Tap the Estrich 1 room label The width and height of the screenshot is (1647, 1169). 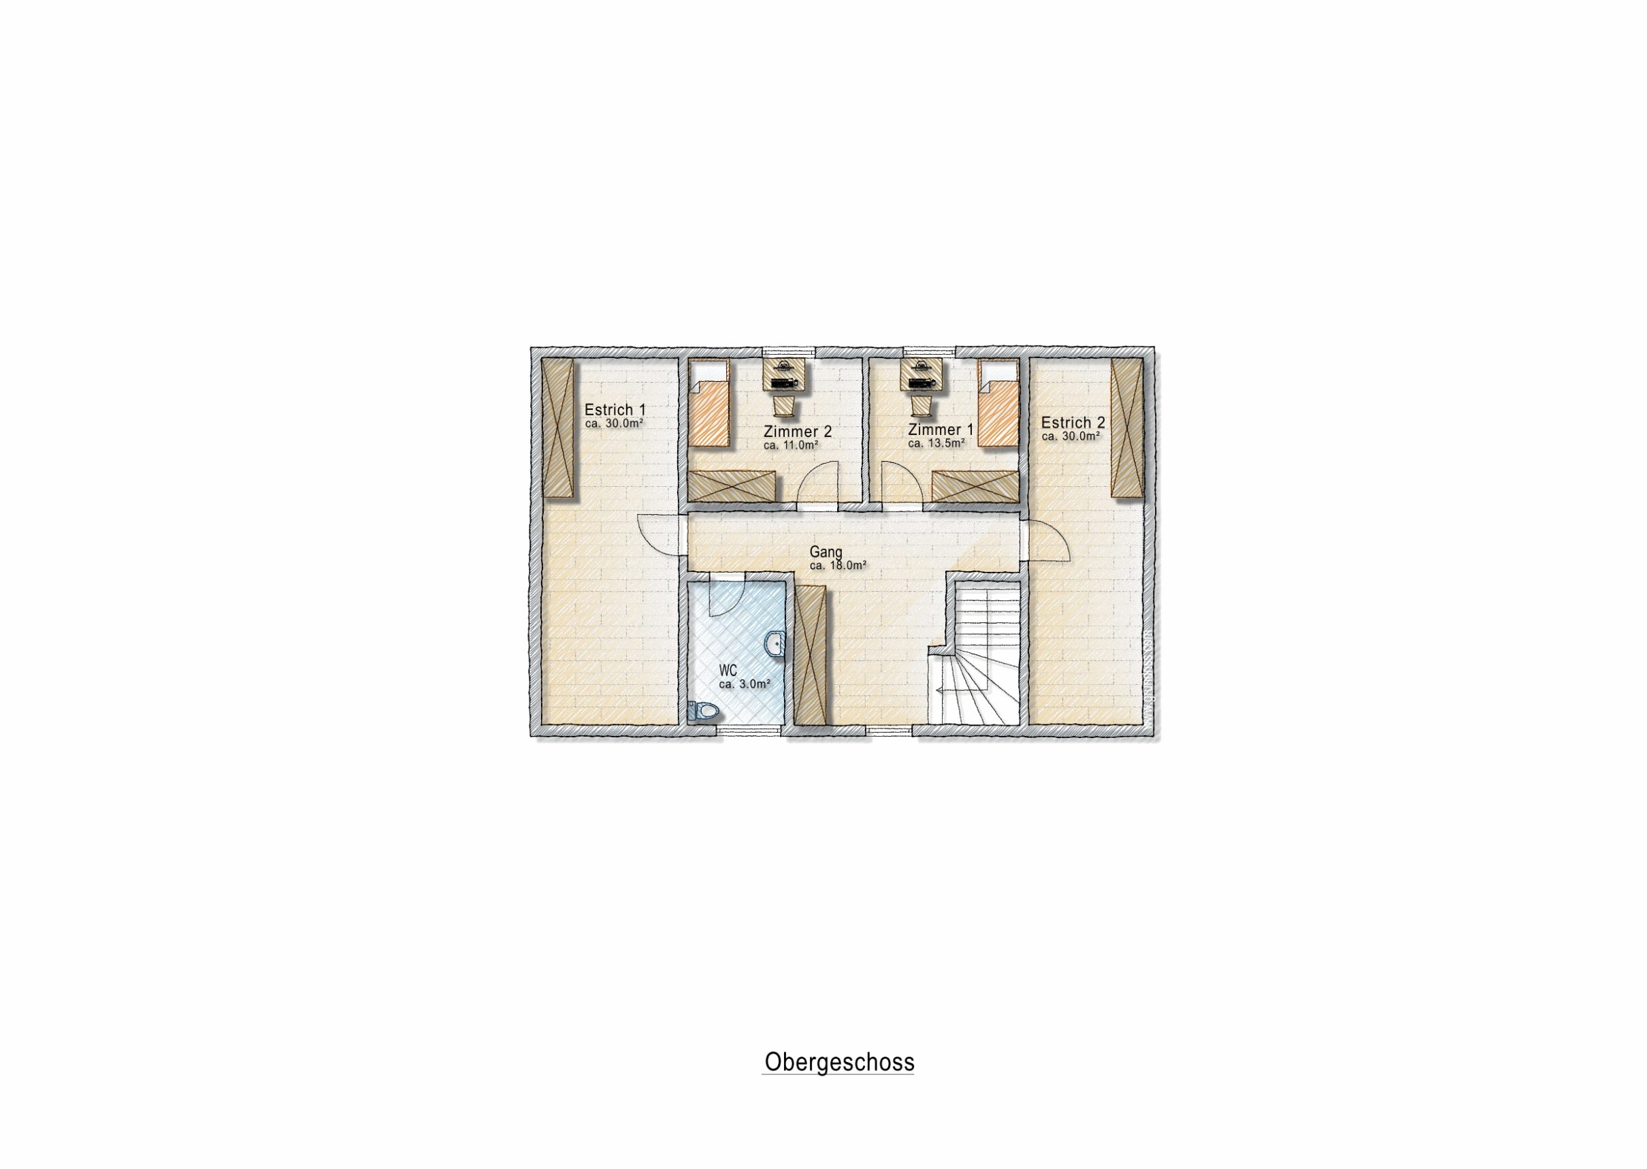tap(615, 410)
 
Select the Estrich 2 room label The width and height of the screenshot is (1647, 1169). tap(1073, 423)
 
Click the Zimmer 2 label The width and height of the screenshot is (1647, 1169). tap(797, 432)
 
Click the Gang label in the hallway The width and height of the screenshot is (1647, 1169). tap(826, 552)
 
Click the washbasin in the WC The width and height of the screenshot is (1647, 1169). tap(774, 643)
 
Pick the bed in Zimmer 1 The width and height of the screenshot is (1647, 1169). tap(998, 404)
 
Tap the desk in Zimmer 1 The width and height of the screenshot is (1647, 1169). tap(921, 375)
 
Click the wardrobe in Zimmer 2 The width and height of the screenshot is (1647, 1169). tap(733, 486)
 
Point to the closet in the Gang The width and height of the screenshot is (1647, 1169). tap(812, 655)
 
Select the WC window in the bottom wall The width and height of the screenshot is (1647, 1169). tap(749, 730)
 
